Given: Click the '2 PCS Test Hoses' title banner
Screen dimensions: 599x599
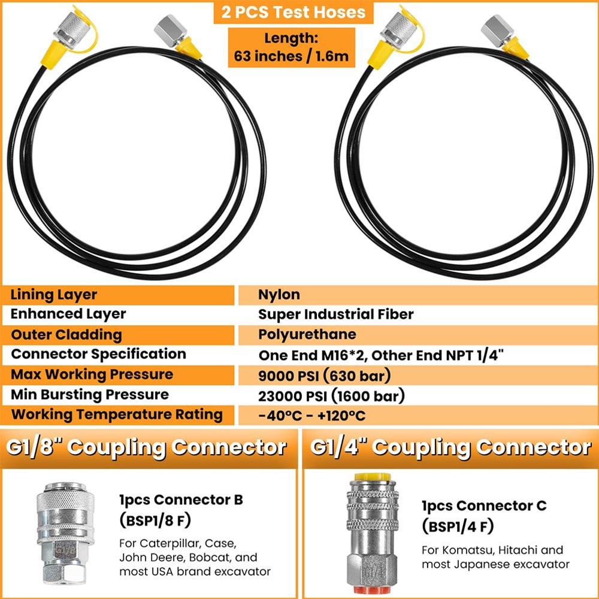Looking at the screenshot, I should tap(293, 13).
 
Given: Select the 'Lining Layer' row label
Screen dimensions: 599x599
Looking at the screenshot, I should tap(54, 295).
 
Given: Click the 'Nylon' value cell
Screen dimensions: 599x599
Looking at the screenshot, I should tap(279, 295).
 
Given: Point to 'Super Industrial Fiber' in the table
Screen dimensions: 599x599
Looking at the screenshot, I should tap(335, 314).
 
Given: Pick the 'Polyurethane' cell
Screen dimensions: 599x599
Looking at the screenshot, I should tap(307, 334).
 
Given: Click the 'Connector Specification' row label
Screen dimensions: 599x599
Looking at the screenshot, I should tap(98, 354).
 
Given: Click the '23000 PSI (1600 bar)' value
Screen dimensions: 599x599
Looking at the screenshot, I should tap(331, 395).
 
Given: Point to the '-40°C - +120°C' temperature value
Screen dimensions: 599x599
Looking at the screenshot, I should tap(311, 416).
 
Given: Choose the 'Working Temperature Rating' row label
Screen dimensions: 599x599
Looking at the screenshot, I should tap(117, 414).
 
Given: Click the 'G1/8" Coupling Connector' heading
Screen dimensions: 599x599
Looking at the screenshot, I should tap(146, 447).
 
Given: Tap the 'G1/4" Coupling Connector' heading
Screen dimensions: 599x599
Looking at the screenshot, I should tap(450, 447).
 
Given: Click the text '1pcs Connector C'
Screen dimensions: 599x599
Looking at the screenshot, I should tap(483, 506).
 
